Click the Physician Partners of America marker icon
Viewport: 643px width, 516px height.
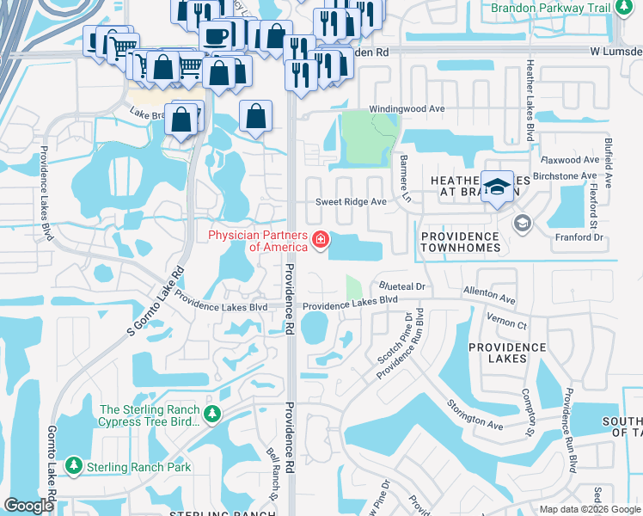[321, 238]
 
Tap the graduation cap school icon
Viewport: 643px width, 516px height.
[497, 187]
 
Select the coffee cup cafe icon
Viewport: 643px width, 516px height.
[215, 37]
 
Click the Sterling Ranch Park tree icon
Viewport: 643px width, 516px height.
[74, 466]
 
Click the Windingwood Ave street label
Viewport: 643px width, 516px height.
[407, 109]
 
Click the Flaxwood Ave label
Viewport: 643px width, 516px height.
[568, 160]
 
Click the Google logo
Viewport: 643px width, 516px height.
[29, 506]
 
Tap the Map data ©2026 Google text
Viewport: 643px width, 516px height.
[589, 509]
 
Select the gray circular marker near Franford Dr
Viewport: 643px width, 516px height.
[522, 224]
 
